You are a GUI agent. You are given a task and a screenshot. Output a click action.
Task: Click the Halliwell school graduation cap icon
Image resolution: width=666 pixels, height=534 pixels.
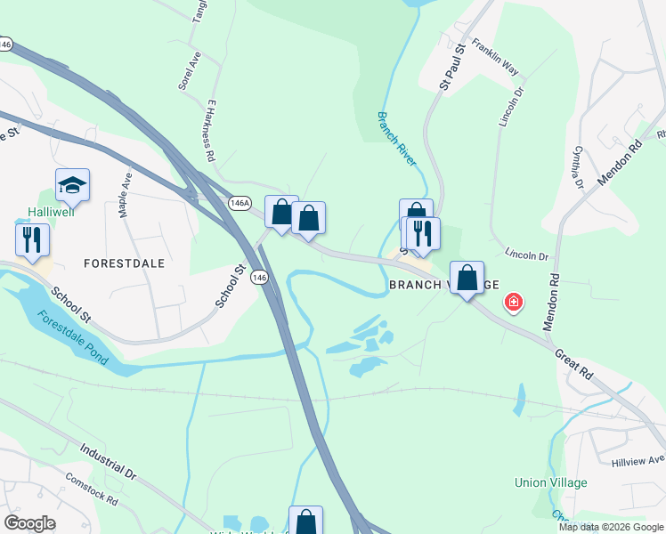(x=72, y=185)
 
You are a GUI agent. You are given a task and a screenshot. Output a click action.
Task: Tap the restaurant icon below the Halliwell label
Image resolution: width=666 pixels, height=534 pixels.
(x=32, y=239)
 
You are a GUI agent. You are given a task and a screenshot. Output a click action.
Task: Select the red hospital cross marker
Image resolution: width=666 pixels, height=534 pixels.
(x=513, y=303)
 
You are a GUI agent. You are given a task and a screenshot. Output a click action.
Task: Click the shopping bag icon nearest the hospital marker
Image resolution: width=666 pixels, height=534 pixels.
(x=467, y=278)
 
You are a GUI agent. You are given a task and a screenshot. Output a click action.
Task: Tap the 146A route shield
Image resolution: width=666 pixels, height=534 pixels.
(x=239, y=203)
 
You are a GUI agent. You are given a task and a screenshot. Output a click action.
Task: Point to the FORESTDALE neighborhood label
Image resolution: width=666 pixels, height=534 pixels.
(x=125, y=263)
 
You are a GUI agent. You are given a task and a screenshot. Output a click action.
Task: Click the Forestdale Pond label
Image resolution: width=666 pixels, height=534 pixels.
(x=74, y=339)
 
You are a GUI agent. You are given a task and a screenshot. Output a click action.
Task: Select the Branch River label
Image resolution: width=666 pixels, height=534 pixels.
(x=396, y=138)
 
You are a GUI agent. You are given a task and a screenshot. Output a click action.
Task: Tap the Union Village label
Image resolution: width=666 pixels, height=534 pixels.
(x=551, y=482)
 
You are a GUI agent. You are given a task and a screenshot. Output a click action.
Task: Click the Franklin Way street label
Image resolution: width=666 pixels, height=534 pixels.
(x=496, y=56)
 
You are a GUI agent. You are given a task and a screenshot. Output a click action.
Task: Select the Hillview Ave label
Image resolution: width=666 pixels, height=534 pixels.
(x=638, y=461)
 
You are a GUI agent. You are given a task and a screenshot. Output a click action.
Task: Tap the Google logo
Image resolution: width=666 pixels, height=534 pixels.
(x=29, y=523)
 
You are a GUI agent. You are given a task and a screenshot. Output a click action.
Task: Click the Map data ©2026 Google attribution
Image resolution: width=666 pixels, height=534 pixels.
(x=610, y=527)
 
